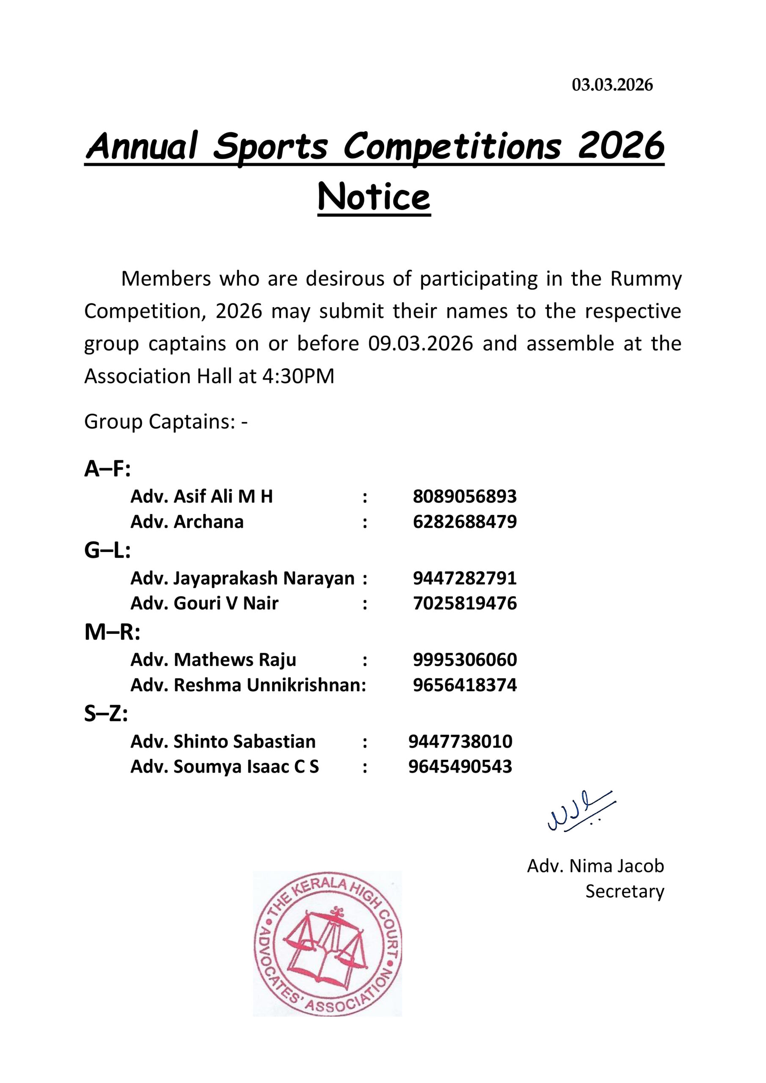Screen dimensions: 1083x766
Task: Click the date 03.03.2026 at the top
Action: tap(612, 85)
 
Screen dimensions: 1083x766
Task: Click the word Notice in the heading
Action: tap(374, 197)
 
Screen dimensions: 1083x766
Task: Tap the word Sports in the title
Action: tap(270, 146)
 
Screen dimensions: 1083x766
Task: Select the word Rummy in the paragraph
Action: tap(646, 279)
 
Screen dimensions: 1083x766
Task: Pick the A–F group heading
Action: tap(107, 469)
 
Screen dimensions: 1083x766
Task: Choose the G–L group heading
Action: tap(107, 550)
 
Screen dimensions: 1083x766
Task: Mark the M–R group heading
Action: tap(112, 632)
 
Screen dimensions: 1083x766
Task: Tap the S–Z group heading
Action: tap(106, 714)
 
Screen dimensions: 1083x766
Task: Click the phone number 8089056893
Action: tap(465, 496)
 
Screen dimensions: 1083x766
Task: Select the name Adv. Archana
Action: tap(187, 522)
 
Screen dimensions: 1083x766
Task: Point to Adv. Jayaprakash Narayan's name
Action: tap(242, 578)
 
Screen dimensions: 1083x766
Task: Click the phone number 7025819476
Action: tap(465, 603)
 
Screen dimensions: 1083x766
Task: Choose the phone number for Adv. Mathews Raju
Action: tap(465, 660)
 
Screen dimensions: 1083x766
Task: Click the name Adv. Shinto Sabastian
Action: tap(223, 742)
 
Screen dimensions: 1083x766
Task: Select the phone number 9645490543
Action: tap(460, 767)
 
